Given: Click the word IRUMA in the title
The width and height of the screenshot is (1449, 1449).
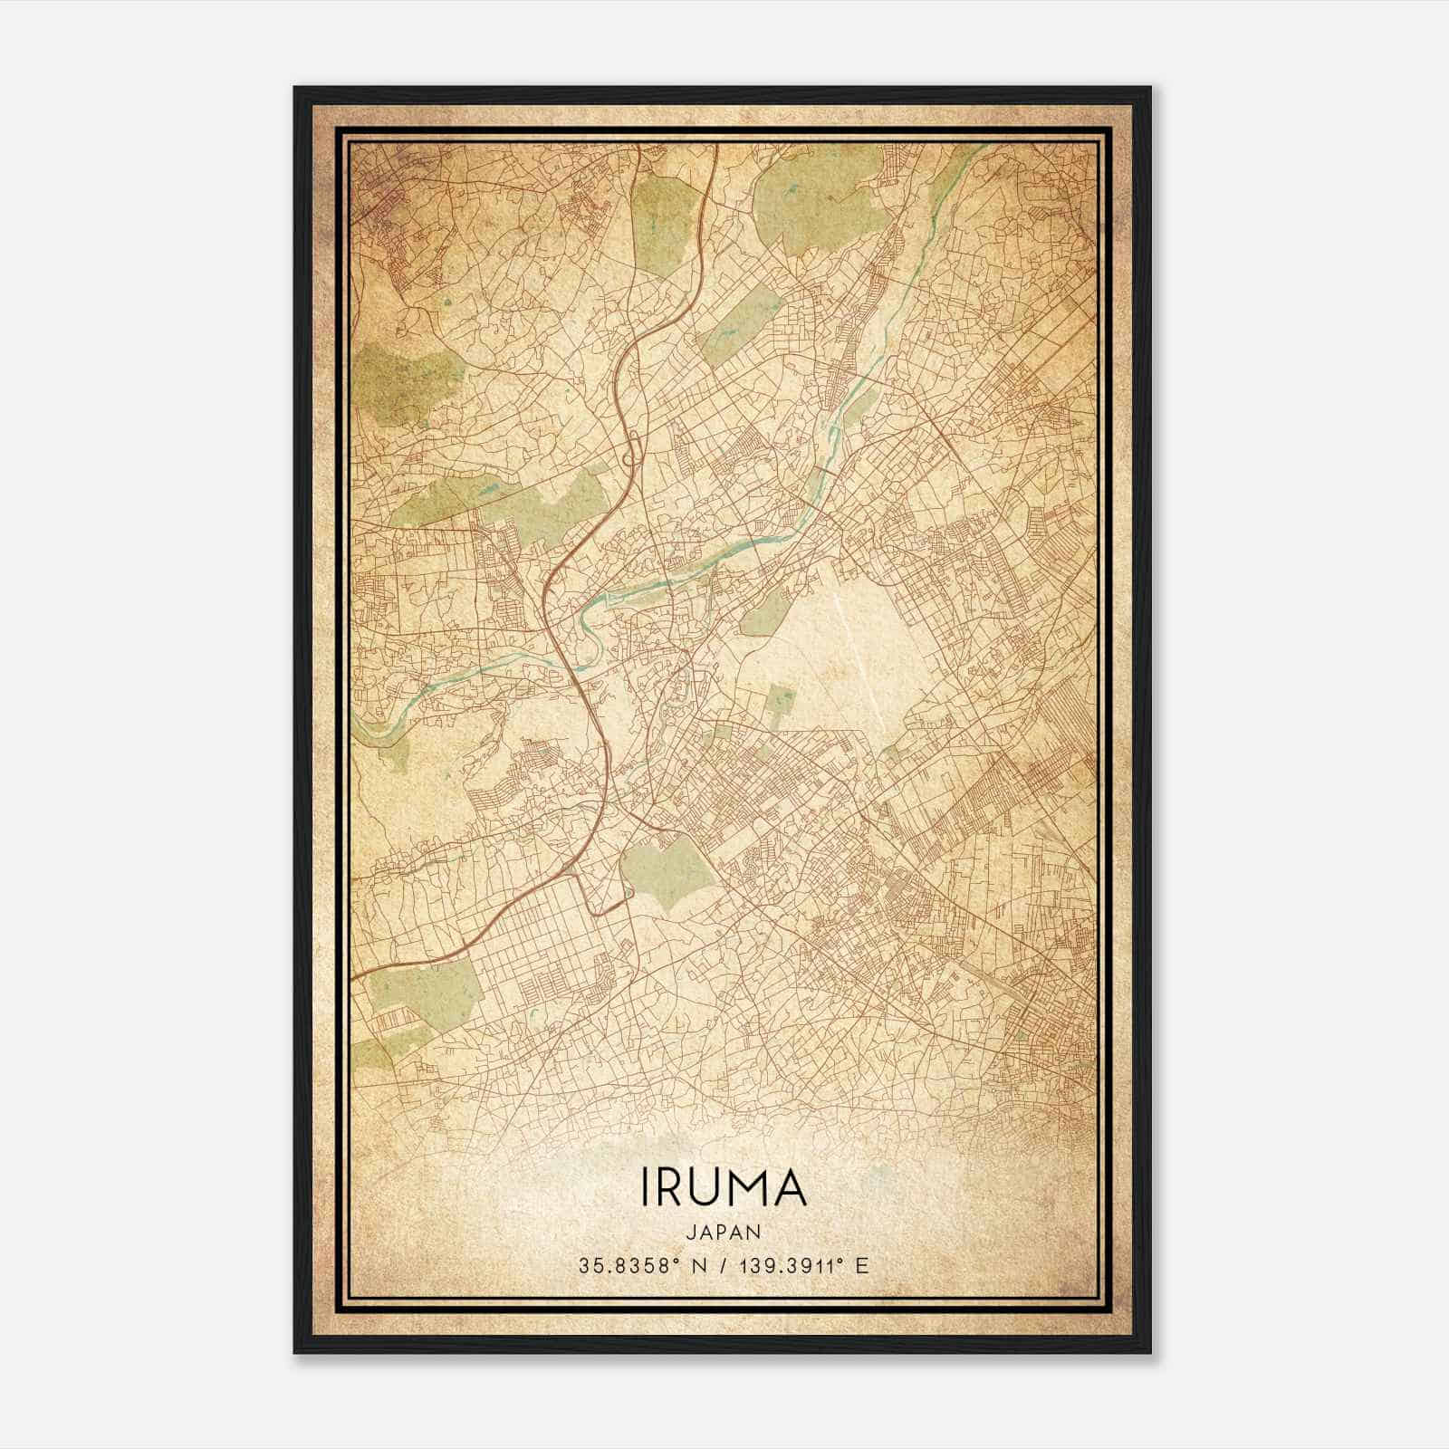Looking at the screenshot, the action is [724, 1188].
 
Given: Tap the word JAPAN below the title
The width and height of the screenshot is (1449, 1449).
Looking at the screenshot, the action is [724, 1233].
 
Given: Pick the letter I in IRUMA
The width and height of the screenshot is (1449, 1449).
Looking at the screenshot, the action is [647, 1188].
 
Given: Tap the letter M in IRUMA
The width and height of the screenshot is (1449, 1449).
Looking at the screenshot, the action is [738, 1188].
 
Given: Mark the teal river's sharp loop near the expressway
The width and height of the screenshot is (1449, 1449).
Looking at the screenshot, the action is [589, 625].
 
